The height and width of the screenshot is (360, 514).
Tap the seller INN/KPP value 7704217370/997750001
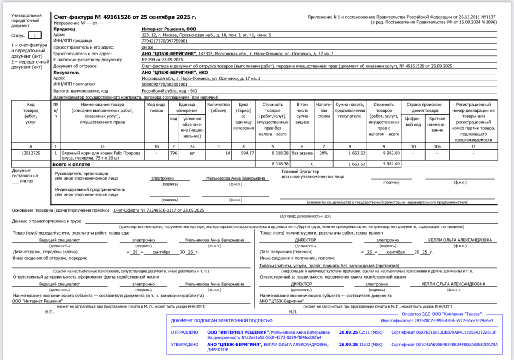tap(165, 41)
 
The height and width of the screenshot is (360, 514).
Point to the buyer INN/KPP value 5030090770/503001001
tap(165, 84)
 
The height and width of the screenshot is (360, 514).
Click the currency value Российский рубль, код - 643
tap(169, 91)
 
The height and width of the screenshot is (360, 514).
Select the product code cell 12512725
tap(31, 152)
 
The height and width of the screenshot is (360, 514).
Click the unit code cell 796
tap(173, 152)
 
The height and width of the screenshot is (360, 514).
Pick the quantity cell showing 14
tap(227, 152)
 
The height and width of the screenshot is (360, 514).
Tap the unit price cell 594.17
tap(247, 152)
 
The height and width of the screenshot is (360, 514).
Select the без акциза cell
tap(302, 152)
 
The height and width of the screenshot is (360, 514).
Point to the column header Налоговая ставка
tap(324, 110)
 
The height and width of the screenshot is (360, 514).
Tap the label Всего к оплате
tap(71, 164)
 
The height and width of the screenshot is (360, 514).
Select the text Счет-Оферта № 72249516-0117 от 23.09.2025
tap(159, 210)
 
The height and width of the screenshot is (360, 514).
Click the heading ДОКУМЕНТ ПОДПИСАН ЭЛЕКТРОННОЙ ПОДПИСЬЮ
tap(222, 321)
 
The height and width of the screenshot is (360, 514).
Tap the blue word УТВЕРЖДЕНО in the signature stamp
tap(185, 344)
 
